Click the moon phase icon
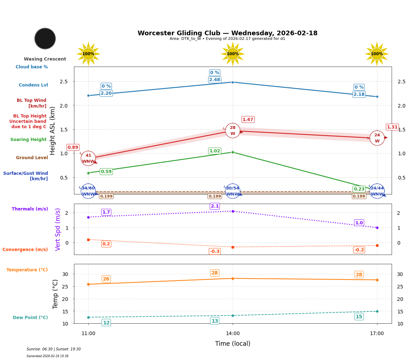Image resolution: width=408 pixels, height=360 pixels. (x=45, y=38)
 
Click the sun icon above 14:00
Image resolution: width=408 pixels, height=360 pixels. (x=233, y=54)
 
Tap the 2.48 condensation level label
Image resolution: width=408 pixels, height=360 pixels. (x=214, y=80)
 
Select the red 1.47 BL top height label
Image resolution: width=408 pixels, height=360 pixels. (x=248, y=120)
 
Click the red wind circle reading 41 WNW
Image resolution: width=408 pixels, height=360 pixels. (x=88, y=158)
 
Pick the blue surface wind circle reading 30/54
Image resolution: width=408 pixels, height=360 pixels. (x=233, y=191)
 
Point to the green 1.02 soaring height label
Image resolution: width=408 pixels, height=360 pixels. (x=214, y=151)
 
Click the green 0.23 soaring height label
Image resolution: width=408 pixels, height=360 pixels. (x=359, y=189)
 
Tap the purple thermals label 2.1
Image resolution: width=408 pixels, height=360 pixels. (x=214, y=206)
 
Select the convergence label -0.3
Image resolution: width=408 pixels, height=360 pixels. (x=214, y=251)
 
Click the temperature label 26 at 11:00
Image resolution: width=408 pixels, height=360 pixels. (x=106, y=279)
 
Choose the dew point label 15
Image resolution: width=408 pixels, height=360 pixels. (x=359, y=317)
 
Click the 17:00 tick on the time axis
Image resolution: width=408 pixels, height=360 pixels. (x=377, y=334)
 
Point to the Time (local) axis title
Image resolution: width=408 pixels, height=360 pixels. (x=233, y=344)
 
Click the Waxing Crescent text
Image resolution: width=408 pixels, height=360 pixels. (x=45, y=59)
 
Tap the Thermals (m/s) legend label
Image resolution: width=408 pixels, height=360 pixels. (x=30, y=209)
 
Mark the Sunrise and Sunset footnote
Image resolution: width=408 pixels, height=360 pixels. (x=54, y=349)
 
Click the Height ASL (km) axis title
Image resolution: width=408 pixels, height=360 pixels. (x=53, y=130)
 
